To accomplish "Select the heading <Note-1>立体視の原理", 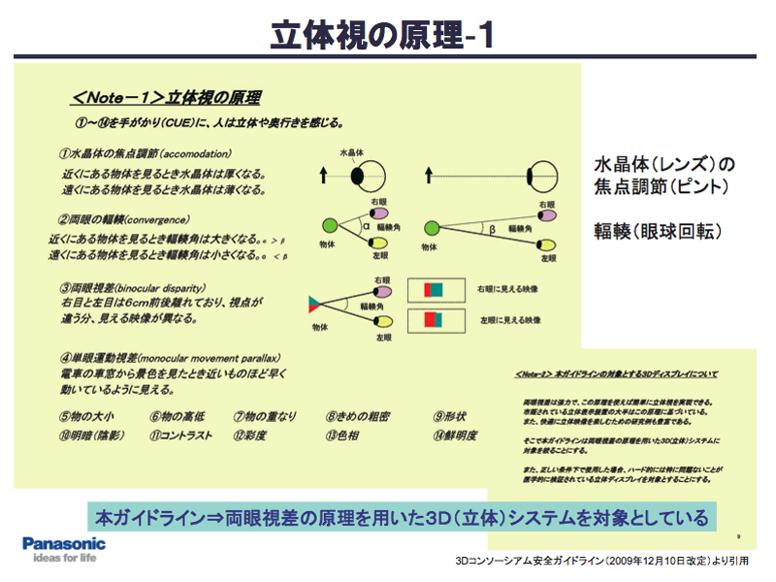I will pyautogui.click(x=166, y=99).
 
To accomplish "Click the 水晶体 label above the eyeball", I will pyautogui.click(x=354, y=153).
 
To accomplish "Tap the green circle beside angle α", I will pyautogui.click(x=329, y=225).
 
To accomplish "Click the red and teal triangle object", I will pyautogui.click(x=315, y=305).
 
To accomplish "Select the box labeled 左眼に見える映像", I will pyautogui.click(x=428, y=321).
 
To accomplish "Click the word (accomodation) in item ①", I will pyautogui.click(x=194, y=154).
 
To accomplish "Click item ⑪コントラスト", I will pyautogui.click(x=180, y=436).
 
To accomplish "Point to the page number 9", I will pyautogui.click(x=739, y=534).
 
